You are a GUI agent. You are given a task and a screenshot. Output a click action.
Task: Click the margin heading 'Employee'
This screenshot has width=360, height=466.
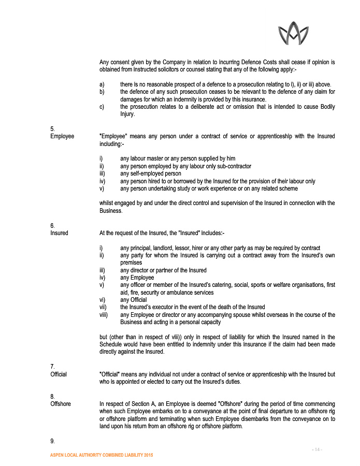pyautogui.click(x=62, y=137)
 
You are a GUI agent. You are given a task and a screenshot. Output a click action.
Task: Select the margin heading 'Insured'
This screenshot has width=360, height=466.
pyautogui.click(x=59, y=233)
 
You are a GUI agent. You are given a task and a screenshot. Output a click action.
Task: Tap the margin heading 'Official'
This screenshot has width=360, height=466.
pyautogui.click(x=59, y=374)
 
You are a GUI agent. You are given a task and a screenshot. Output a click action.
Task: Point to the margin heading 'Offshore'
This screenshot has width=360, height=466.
pyautogui.click(x=61, y=404)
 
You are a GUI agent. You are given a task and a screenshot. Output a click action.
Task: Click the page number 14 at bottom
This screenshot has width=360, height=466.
pyautogui.click(x=318, y=449)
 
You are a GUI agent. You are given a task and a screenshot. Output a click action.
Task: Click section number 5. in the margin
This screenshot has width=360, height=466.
pyautogui.click(x=52, y=128)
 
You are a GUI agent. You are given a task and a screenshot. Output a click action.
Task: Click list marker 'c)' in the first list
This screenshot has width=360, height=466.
pyautogui.click(x=102, y=107)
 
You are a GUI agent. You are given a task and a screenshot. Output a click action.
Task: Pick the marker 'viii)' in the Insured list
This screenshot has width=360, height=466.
pyautogui.click(x=104, y=315)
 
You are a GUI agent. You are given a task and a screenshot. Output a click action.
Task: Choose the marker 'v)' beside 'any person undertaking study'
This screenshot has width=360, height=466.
pyautogui.click(x=102, y=188)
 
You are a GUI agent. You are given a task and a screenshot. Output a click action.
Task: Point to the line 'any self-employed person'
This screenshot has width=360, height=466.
pyautogui.click(x=151, y=174)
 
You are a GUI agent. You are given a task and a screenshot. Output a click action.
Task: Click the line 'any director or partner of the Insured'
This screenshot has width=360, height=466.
pyautogui.click(x=163, y=270)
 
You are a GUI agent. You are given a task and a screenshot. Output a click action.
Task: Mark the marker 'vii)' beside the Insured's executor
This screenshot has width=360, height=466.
pyautogui.click(x=103, y=307)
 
